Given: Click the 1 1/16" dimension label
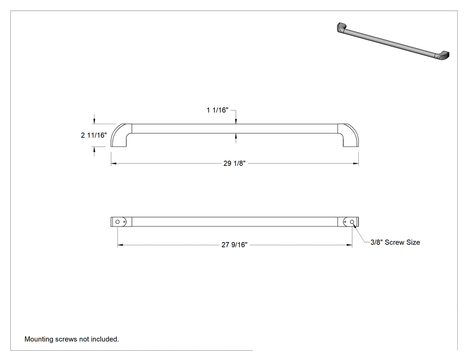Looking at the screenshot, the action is [x=218, y=110].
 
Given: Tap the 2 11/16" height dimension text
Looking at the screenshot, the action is [x=94, y=135].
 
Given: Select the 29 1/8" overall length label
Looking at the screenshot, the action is [x=234, y=163].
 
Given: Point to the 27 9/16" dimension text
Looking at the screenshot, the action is [x=234, y=245].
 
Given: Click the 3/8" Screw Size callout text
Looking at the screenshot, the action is [x=395, y=242].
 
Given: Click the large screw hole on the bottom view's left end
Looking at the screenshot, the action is [x=118, y=222].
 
